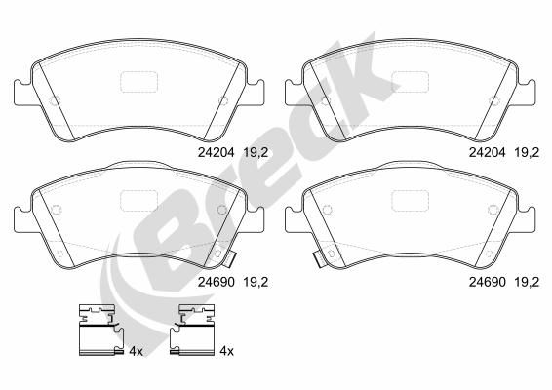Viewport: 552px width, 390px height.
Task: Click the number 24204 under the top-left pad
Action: [x=216, y=152]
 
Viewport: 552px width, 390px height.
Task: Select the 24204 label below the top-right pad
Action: [x=487, y=152]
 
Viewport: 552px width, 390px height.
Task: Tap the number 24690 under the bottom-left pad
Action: [x=216, y=282]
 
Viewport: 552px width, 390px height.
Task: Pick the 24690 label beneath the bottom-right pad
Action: [x=488, y=282]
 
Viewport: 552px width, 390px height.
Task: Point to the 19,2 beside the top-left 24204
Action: [x=256, y=153]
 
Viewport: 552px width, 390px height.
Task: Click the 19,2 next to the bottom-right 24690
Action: [x=527, y=283]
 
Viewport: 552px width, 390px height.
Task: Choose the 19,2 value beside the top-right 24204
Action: [x=527, y=153]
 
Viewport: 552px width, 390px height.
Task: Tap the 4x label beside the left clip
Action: [x=136, y=351]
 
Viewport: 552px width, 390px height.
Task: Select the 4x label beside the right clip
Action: [x=226, y=351]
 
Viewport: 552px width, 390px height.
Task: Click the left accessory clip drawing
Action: [x=100, y=330]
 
